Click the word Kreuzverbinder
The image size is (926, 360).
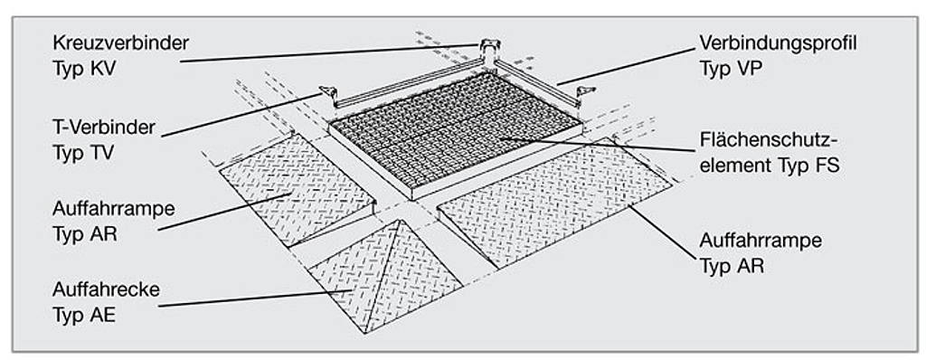click(x=120, y=43)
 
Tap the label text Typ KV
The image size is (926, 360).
click(x=84, y=69)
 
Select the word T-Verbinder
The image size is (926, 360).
click(x=103, y=128)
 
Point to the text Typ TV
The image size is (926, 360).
click(x=82, y=153)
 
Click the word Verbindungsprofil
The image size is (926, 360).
click(x=778, y=43)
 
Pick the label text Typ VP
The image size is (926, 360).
click(x=731, y=69)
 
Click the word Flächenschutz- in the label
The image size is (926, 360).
click(x=769, y=141)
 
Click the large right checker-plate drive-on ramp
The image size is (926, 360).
click(x=555, y=201)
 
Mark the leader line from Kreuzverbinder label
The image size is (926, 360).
click(x=329, y=52)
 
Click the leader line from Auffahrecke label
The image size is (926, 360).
click(x=256, y=298)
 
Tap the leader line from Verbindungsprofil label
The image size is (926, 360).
click(x=627, y=67)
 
